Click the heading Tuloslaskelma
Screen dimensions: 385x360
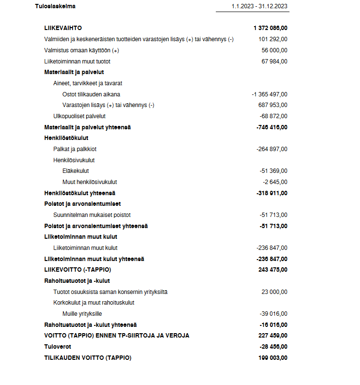click(x=56, y=6)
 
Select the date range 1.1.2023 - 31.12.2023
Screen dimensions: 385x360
click(x=259, y=6)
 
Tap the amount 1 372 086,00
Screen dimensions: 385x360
click(x=270, y=28)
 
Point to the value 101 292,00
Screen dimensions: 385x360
click(x=273, y=39)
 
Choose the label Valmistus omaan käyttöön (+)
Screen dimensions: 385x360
click(x=81, y=50)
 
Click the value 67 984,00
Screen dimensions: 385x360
click(x=274, y=62)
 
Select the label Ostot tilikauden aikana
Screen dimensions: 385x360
click(x=91, y=94)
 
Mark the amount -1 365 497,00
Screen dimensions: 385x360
click(x=269, y=94)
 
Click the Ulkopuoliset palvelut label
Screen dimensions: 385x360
click(x=79, y=116)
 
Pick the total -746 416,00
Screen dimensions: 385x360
click(x=271, y=127)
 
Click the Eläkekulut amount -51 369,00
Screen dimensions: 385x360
click(x=273, y=171)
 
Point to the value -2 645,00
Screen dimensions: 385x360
click(x=275, y=182)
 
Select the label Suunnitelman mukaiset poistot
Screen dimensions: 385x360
click(x=92, y=215)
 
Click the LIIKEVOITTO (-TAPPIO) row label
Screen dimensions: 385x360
click(x=77, y=270)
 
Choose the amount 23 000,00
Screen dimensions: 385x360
click(x=274, y=292)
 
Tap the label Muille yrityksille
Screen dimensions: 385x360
click(x=82, y=314)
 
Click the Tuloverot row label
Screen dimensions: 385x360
click(x=58, y=347)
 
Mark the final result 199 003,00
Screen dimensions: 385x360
click(x=273, y=358)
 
